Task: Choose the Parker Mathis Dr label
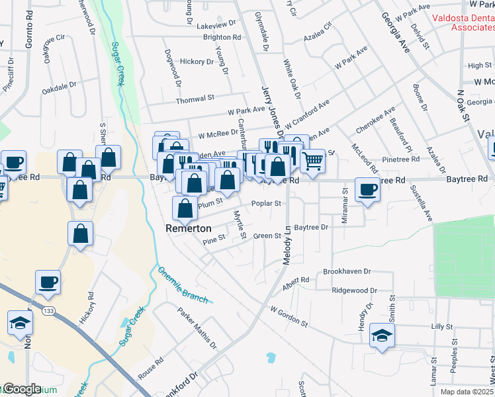(x=197, y=328)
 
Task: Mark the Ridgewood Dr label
(x=354, y=290)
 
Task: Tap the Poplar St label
(x=266, y=204)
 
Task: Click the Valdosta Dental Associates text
(x=463, y=23)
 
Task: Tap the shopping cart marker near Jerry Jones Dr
(x=312, y=159)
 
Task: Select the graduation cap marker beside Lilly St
(x=382, y=335)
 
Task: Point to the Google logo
(x=21, y=389)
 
